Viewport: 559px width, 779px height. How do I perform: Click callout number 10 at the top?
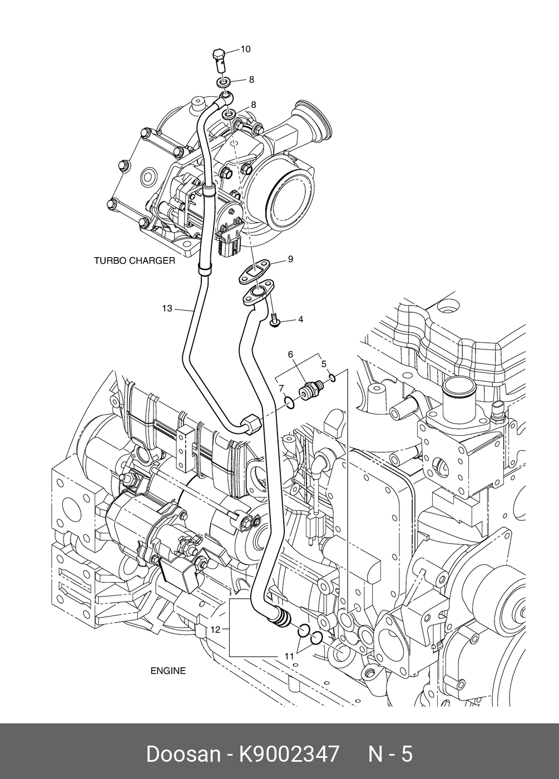pyautogui.click(x=245, y=50)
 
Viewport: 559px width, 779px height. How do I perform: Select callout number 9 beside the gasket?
pyautogui.click(x=290, y=259)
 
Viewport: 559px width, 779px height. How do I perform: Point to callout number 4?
pyautogui.click(x=300, y=319)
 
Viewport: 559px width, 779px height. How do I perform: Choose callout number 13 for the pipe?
pyautogui.click(x=167, y=308)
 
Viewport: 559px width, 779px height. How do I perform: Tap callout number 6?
pyautogui.click(x=290, y=354)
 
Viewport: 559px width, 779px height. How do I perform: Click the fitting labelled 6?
pyautogui.click(x=310, y=390)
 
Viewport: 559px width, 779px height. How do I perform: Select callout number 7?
pyautogui.click(x=281, y=388)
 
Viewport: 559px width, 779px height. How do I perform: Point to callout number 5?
pyautogui.click(x=324, y=364)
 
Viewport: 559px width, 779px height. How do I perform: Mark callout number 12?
pyautogui.click(x=216, y=629)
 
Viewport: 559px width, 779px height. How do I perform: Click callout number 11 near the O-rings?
pyautogui.click(x=289, y=657)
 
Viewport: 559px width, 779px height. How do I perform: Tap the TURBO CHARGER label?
pyautogui.click(x=134, y=260)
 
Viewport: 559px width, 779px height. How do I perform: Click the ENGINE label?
pyautogui.click(x=168, y=671)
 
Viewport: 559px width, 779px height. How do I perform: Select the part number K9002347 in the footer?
pyautogui.click(x=289, y=755)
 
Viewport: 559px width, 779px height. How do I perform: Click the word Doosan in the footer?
pyautogui.click(x=183, y=755)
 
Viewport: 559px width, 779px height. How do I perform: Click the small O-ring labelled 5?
pyautogui.click(x=332, y=379)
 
